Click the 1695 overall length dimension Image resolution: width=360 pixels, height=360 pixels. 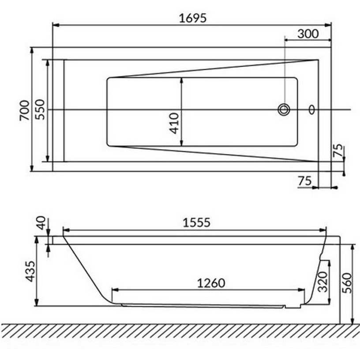pos(193,18)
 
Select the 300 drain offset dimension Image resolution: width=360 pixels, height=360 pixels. pos(308,34)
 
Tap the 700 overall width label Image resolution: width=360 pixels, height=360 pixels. pos(25,110)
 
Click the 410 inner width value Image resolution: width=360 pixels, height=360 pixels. pos(174,123)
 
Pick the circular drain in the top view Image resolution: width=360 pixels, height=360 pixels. pos(284,109)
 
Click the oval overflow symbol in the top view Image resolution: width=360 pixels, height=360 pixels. pos(311,109)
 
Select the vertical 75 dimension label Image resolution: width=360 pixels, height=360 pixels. pos(338,150)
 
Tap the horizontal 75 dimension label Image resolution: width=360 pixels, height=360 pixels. pos(305,181)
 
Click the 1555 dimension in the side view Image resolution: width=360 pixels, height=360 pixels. pos(196,222)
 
